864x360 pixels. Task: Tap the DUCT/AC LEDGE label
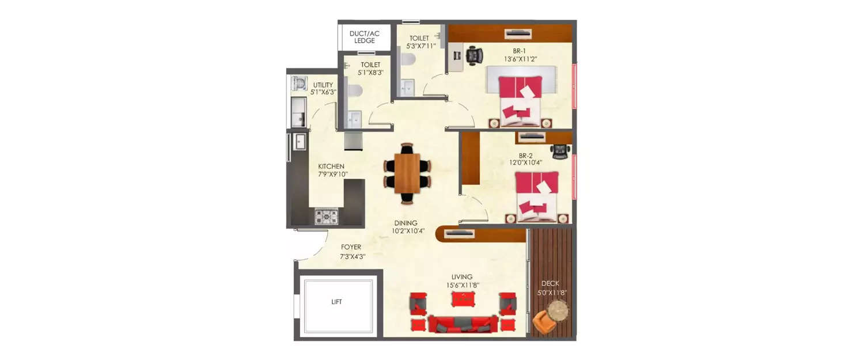(x=365, y=37)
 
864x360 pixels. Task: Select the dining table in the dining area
(x=408, y=173)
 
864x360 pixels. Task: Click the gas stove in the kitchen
(x=326, y=216)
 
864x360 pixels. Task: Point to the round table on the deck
(x=558, y=310)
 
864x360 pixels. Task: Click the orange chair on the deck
(x=543, y=323)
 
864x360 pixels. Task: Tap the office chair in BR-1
(x=474, y=55)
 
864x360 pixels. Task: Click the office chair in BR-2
(x=560, y=151)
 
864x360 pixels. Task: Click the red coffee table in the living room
(x=463, y=299)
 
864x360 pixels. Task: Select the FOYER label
(x=351, y=247)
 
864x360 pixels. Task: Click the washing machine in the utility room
(x=299, y=84)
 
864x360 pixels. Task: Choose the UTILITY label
(x=323, y=85)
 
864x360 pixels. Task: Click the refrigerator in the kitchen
(x=353, y=141)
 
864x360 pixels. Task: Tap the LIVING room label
(x=462, y=276)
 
